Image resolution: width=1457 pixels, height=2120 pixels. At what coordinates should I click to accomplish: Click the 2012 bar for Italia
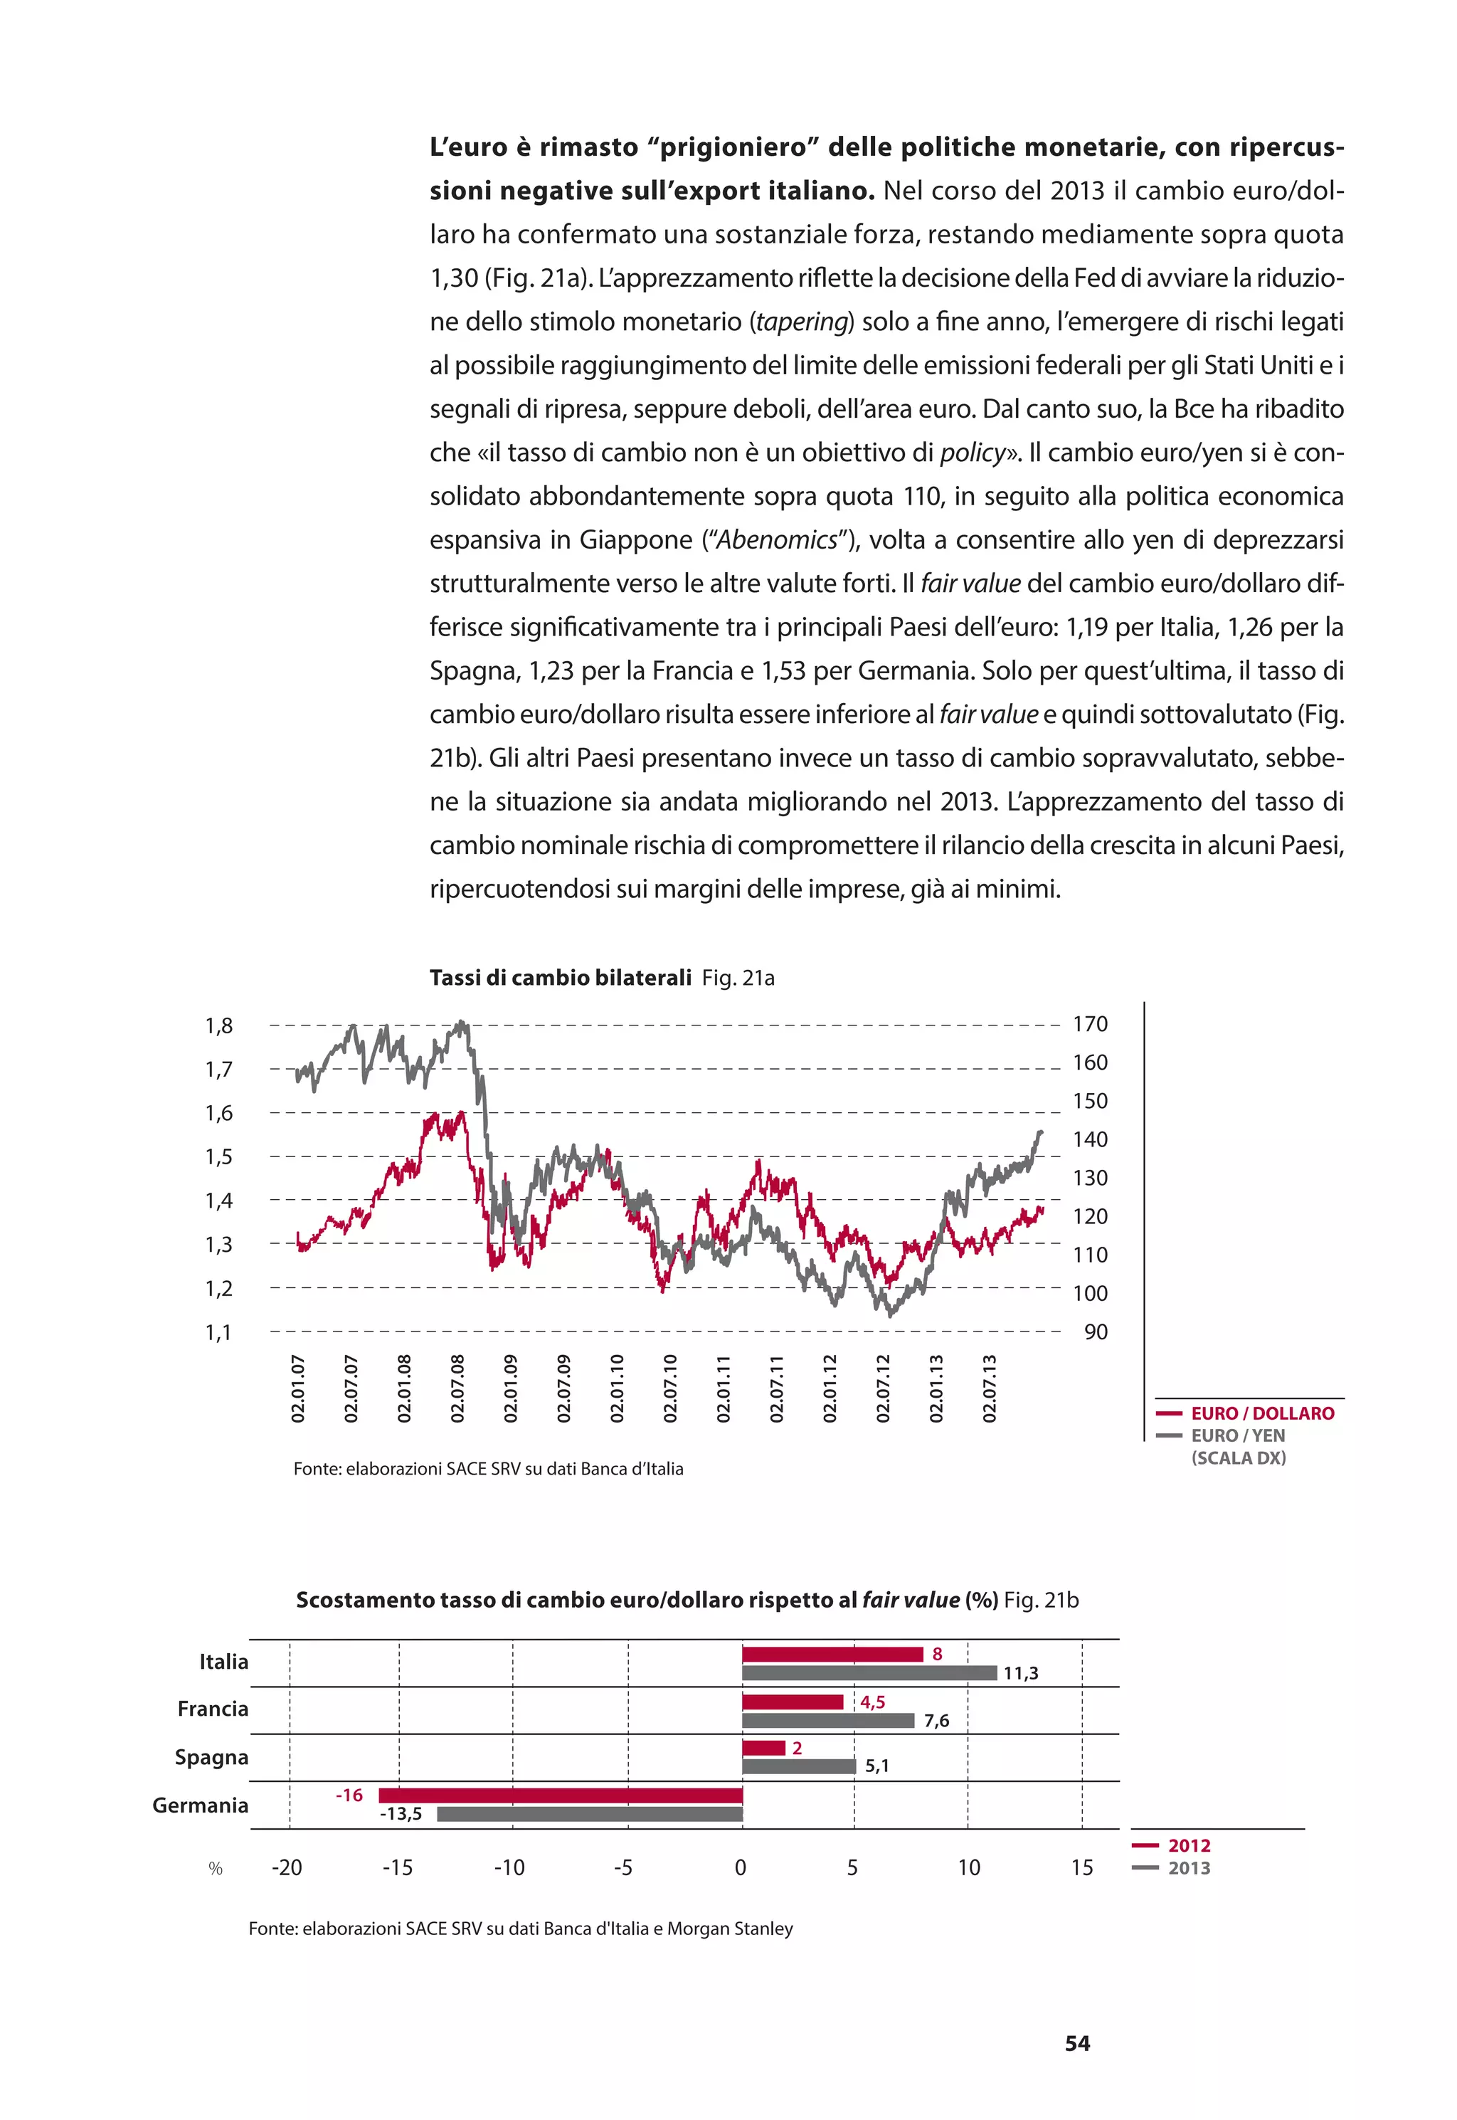[x=832, y=1655]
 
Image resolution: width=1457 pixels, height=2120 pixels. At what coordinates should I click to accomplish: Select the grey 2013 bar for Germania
[x=589, y=1814]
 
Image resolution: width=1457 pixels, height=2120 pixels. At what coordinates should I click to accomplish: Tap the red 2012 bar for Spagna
[x=763, y=1748]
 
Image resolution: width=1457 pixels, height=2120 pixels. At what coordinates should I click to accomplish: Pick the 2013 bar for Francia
[x=827, y=1721]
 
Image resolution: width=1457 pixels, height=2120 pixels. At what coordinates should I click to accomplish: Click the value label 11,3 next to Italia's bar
[x=1021, y=1674]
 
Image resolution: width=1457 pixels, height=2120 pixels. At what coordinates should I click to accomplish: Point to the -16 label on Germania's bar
[x=349, y=1795]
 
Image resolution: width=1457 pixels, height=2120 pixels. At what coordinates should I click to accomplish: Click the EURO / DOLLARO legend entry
[x=1261, y=1413]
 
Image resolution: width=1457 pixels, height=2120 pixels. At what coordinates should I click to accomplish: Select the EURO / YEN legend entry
[x=1237, y=1435]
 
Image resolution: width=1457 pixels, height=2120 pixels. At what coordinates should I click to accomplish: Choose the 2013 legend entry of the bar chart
[x=1189, y=1868]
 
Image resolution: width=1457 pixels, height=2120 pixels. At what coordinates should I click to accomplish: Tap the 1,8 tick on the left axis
[x=218, y=1025]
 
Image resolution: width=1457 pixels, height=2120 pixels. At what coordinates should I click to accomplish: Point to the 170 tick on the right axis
[x=1090, y=1024]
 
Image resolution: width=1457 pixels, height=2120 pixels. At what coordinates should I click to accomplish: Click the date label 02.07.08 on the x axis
[x=457, y=1388]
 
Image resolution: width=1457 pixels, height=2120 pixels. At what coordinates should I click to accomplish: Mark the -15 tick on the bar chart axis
[x=397, y=1868]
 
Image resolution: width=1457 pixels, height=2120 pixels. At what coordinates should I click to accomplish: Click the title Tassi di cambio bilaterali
[x=561, y=978]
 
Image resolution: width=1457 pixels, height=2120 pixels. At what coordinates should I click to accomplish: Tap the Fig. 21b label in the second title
[x=1041, y=1600]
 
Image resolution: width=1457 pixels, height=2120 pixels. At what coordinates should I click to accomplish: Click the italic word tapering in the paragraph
[x=802, y=322]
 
